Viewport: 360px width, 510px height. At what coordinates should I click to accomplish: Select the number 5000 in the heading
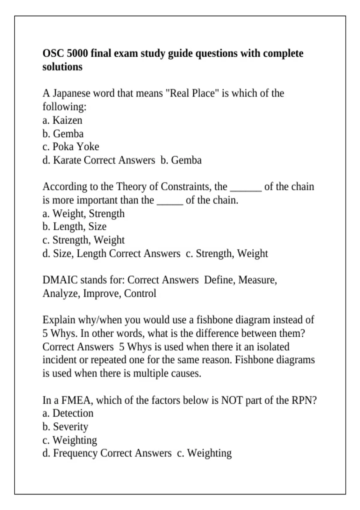[77, 53]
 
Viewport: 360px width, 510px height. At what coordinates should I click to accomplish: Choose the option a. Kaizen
[62, 120]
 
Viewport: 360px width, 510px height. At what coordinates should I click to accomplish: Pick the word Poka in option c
[63, 147]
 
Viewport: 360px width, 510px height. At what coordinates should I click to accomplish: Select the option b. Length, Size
[74, 226]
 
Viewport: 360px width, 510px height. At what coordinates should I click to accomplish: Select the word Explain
[59, 320]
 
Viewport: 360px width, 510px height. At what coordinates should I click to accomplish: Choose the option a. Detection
[68, 413]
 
